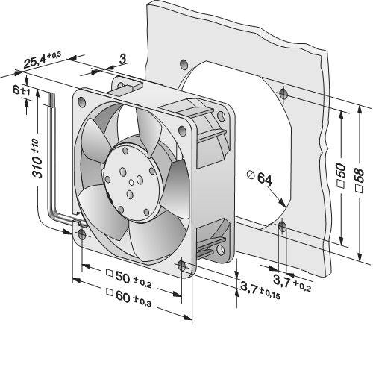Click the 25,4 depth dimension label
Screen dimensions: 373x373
[x=42, y=60]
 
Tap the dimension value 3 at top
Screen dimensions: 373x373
[x=122, y=60]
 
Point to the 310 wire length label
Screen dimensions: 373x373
[x=37, y=158]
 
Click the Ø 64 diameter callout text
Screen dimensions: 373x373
[x=260, y=178]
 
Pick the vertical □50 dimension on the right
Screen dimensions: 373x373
[x=341, y=175]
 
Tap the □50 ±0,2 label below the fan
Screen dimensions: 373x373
[x=128, y=278]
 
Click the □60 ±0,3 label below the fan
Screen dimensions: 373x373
[x=128, y=298]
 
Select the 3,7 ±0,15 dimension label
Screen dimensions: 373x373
[x=260, y=290]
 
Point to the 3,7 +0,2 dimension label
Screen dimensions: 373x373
[x=292, y=283]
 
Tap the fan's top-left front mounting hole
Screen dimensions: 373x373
[x=81, y=101]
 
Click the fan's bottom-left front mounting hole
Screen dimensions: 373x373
[x=81, y=234]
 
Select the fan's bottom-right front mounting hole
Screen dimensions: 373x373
[x=182, y=266]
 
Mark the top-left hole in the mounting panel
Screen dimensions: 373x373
[x=184, y=65]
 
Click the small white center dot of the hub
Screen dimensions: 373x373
[x=131, y=183]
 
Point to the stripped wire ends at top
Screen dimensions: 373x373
[x=51, y=98]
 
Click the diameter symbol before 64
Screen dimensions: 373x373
[x=251, y=175]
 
